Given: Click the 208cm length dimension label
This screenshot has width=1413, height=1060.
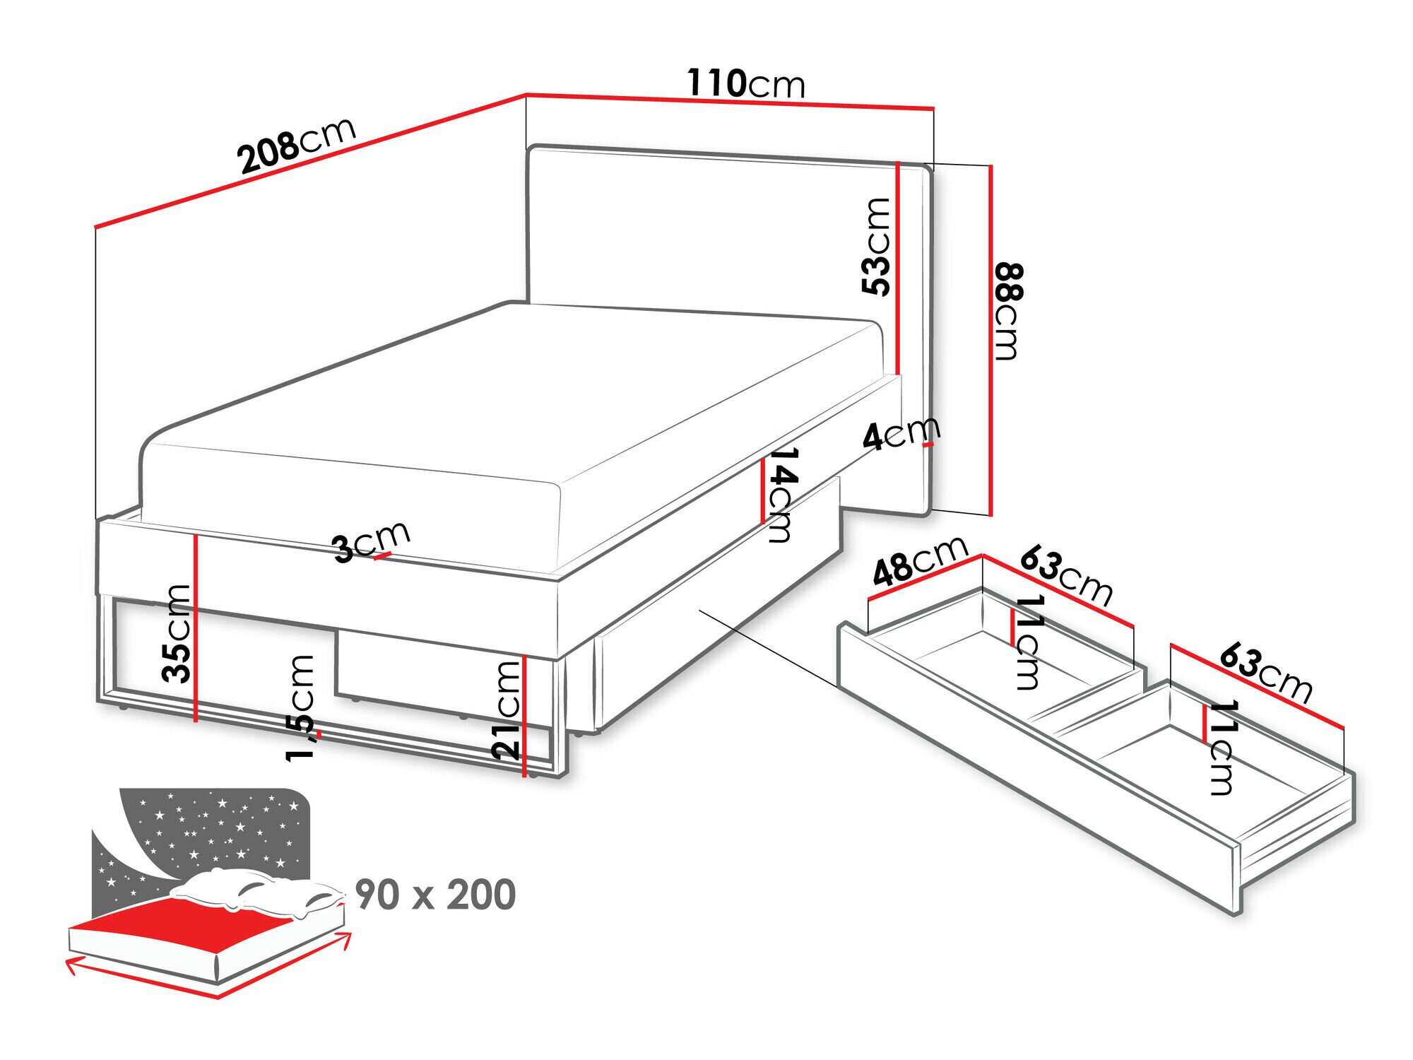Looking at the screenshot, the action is [x=297, y=145].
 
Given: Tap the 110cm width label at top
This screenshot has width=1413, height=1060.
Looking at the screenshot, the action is [x=746, y=83].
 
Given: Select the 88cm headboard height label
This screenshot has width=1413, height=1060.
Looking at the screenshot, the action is [x=1007, y=311].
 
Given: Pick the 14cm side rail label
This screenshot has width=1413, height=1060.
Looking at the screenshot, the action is [x=781, y=495].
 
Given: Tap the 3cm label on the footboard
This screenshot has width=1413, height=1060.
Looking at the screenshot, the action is [x=372, y=541].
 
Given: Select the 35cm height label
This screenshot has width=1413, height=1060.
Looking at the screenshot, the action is [x=177, y=633].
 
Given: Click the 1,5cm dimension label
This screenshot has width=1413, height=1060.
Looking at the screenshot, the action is [x=300, y=707].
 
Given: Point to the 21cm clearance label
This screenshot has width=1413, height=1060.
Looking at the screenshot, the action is [x=507, y=710].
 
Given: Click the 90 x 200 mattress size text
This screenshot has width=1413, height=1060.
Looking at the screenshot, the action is [x=435, y=895].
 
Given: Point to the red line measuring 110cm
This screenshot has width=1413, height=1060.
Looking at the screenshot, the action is [x=730, y=102].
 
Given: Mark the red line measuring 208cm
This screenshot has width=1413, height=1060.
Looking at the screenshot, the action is [x=310, y=161].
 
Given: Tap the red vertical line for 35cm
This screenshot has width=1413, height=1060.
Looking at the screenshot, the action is [x=195, y=628].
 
